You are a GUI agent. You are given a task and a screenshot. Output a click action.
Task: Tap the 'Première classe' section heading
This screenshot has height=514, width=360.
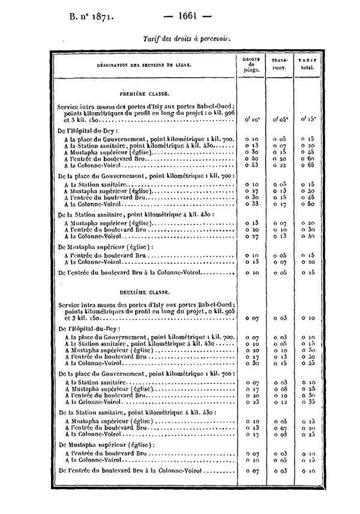point(144,94)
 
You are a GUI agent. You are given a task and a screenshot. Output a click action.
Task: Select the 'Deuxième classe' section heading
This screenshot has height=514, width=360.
point(144,292)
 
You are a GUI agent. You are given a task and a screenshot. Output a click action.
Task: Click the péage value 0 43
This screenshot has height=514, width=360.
point(251,165)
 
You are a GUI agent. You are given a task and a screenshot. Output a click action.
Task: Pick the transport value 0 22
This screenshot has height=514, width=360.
point(280,165)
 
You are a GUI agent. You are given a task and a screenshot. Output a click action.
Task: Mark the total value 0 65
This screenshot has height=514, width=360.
point(308,165)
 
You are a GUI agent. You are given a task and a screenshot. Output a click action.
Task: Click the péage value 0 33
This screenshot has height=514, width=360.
point(251,204)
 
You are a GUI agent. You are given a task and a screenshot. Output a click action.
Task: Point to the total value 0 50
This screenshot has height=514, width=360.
point(308,204)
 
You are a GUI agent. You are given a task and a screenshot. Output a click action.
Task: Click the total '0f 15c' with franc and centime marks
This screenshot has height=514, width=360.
point(308,119)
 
